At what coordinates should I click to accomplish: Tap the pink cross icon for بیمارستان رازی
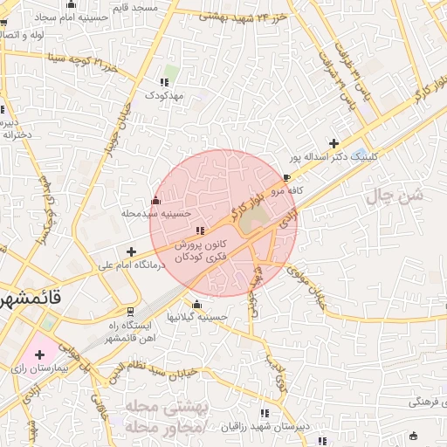coord(39,354)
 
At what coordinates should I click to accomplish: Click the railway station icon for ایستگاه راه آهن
coord(131,312)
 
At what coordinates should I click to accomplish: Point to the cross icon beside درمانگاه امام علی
coord(131,251)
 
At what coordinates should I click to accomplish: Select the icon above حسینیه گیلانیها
coord(196,305)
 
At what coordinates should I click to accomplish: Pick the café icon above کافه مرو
coord(287,177)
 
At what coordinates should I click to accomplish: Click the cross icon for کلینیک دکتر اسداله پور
coord(334,143)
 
